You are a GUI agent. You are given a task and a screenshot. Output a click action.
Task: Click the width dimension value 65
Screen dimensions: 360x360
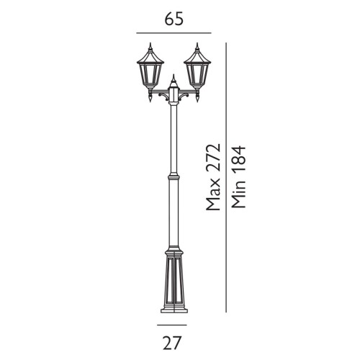click(174, 19)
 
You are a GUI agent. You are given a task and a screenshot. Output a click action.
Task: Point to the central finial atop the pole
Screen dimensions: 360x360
click(174, 78)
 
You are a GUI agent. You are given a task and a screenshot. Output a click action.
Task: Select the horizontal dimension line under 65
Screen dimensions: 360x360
click(174, 33)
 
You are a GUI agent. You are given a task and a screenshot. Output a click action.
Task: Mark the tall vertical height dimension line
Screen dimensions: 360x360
click(227, 176)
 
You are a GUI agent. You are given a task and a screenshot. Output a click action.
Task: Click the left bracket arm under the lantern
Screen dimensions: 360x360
click(158, 95)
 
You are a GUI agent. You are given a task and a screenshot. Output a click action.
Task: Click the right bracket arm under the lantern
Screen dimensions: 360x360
click(189, 95)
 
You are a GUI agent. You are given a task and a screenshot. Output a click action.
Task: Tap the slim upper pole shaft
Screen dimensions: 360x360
click(174, 137)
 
